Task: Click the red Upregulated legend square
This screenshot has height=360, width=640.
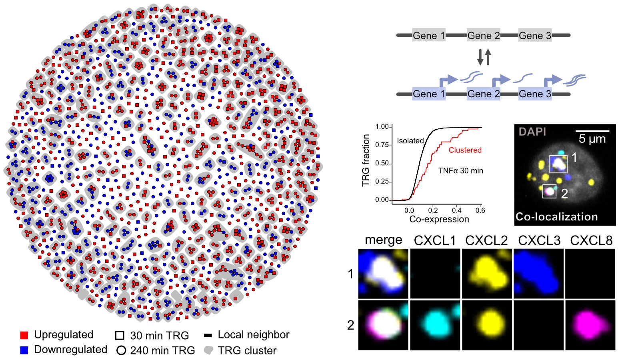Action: [24, 335]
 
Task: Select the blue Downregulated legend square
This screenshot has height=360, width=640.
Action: [24, 350]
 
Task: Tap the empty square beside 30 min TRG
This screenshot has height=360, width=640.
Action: [120, 335]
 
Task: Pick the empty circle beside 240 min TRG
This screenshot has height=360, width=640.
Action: [121, 351]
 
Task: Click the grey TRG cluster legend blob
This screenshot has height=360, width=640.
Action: [208, 350]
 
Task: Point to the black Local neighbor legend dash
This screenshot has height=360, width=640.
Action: [208, 335]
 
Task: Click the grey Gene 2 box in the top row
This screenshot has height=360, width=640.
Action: [483, 35]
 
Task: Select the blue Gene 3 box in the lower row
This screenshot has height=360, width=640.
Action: [535, 94]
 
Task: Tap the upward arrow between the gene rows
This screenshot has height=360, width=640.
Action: [488, 57]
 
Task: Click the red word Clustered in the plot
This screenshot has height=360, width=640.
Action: [465, 150]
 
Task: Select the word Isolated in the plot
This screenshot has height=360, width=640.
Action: [410, 141]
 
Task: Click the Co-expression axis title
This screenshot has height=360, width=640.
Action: [439, 219]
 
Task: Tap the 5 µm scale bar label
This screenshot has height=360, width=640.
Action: [592, 139]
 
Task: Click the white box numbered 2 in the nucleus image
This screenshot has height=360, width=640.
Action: [549, 191]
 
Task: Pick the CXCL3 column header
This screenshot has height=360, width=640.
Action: [539, 240]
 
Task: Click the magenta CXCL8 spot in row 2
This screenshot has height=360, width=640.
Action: [590, 324]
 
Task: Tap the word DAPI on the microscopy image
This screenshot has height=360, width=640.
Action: [532, 132]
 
